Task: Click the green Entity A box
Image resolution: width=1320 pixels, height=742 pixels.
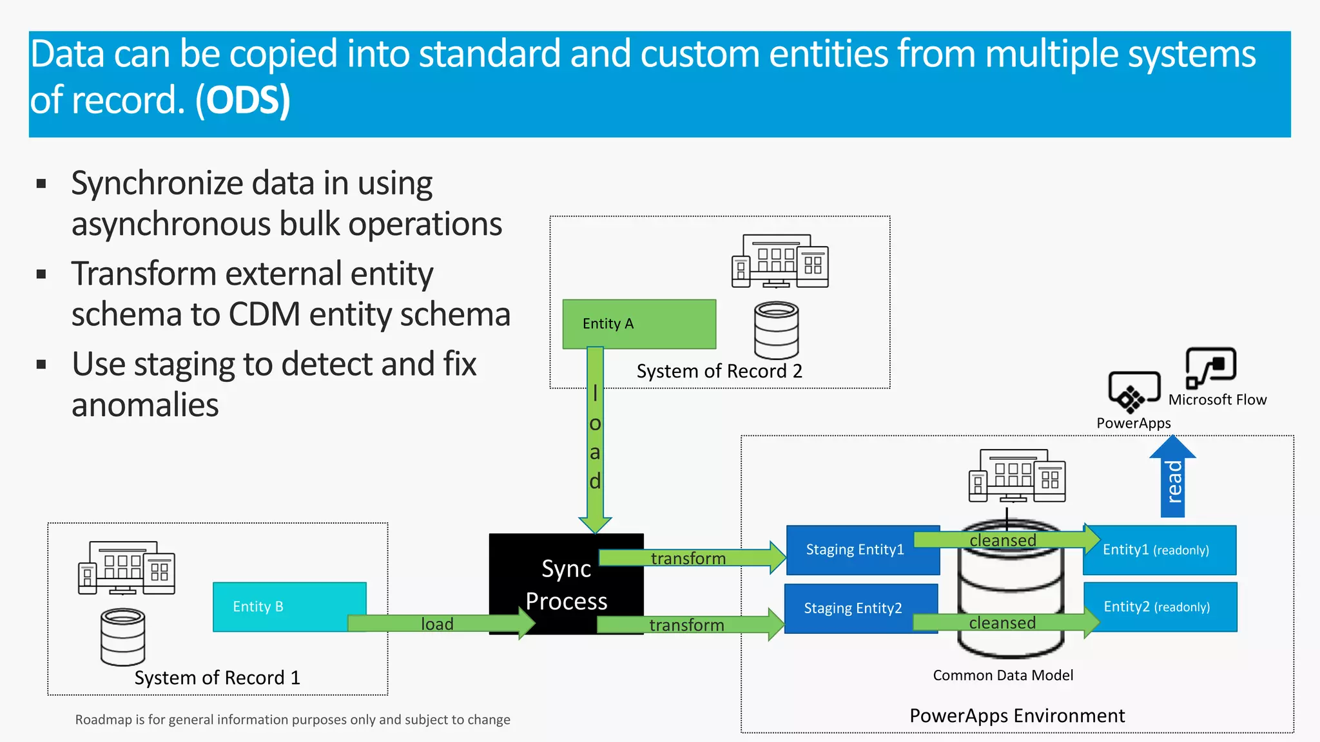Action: [x=639, y=323]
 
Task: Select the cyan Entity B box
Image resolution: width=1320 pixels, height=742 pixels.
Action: [x=289, y=606]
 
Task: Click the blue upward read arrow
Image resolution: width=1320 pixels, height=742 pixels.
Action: [x=1172, y=480]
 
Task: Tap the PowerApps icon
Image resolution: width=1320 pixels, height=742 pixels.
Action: [x=1134, y=392]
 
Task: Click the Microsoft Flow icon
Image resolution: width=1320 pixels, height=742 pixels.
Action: [x=1210, y=367]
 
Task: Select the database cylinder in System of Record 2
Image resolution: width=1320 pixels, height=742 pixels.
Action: [x=776, y=330]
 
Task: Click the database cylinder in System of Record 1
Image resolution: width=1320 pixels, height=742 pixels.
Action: [x=122, y=636]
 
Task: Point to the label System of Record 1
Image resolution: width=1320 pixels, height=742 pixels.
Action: [x=217, y=678]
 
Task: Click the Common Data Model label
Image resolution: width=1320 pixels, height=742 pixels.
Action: [x=1003, y=675]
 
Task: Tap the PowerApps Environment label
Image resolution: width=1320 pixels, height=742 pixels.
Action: [x=1016, y=716]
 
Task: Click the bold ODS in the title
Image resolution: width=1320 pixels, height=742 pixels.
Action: [x=243, y=101]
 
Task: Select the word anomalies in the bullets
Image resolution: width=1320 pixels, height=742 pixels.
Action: [x=145, y=405]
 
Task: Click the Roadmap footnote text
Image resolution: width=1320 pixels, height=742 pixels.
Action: [x=293, y=719]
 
